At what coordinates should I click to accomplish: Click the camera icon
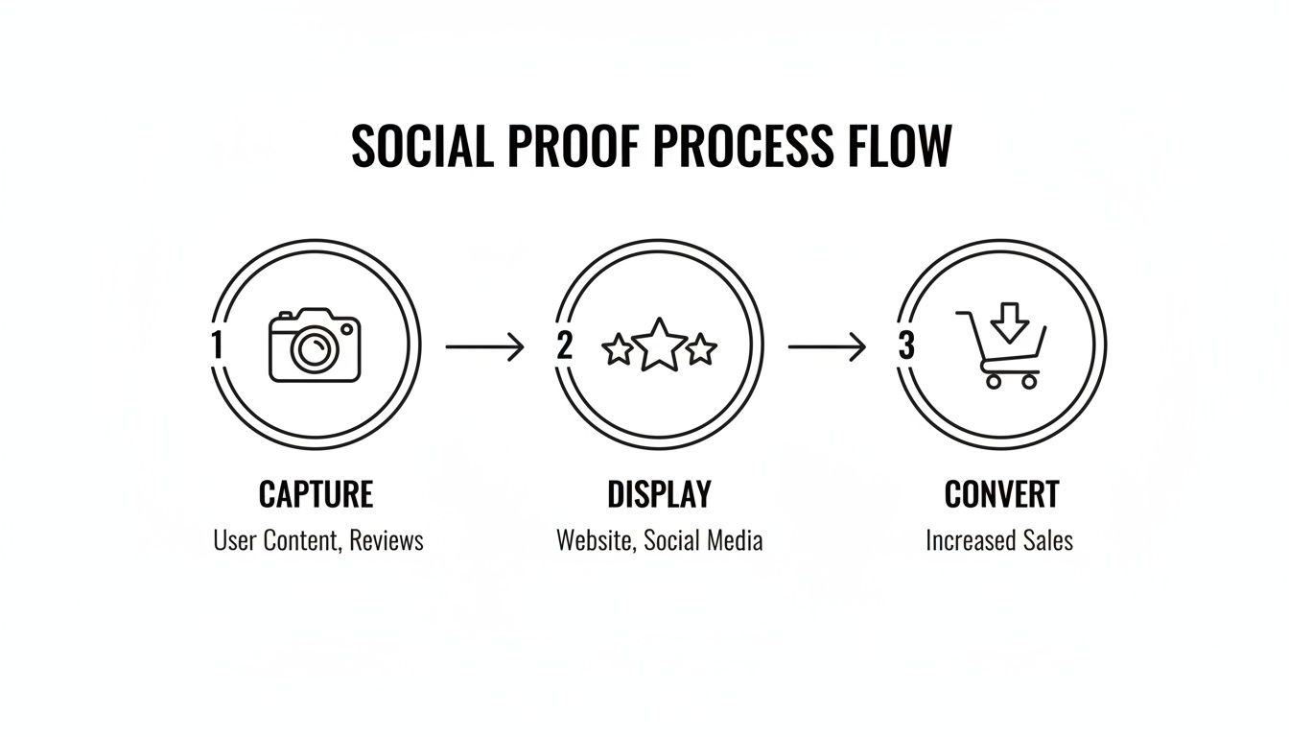click(x=315, y=346)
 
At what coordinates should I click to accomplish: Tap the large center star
click(x=660, y=345)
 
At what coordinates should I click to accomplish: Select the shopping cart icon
click(x=1000, y=353)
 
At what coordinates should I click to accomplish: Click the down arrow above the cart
click(x=1007, y=321)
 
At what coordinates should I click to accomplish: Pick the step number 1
click(x=217, y=345)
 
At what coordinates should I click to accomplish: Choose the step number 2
click(x=564, y=345)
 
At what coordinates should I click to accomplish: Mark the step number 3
click(x=906, y=345)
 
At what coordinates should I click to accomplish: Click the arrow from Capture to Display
click(x=485, y=346)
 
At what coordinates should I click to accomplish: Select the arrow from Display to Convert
click(x=827, y=346)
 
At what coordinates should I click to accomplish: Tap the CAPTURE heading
click(x=316, y=494)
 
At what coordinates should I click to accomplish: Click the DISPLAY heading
click(x=660, y=494)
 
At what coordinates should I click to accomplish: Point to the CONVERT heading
click(x=1001, y=494)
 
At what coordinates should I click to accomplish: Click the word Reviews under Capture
click(x=386, y=540)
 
